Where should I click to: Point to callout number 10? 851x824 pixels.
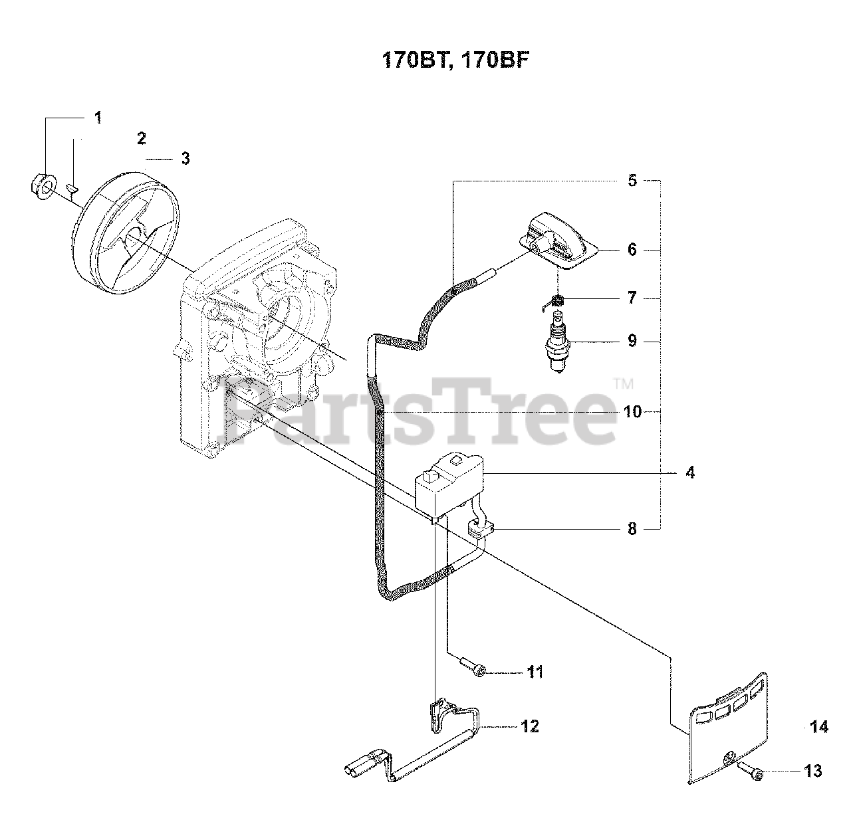pos(633,413)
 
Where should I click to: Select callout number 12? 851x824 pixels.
pos(530,726)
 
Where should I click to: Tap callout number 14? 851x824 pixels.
pos(820,728)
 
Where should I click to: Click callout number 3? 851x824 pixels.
pos(185,159)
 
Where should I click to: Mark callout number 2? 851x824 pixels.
pos(141,138)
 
